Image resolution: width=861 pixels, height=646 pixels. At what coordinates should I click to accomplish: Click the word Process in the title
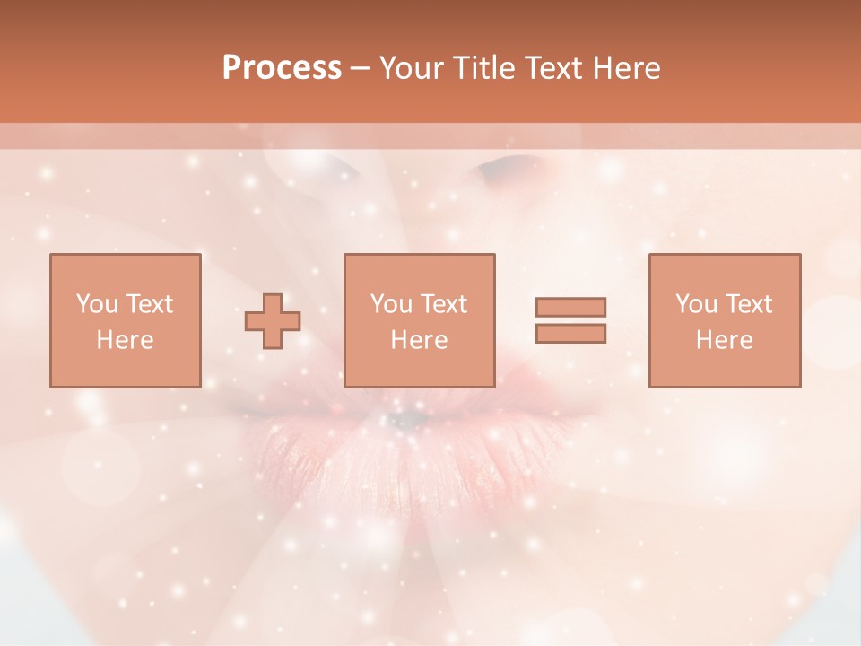point(282,68)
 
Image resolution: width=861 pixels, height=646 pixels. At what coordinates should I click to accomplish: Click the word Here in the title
point(628,68)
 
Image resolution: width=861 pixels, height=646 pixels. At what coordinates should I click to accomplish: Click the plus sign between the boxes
point(274,320)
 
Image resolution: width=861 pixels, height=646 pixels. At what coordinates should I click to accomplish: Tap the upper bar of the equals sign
point(570,307)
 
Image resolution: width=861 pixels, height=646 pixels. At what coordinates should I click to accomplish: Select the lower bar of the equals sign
point(570,333)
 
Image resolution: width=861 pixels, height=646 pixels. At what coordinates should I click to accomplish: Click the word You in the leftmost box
point(95,304)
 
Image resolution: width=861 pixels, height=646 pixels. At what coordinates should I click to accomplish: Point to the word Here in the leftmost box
point(125,340)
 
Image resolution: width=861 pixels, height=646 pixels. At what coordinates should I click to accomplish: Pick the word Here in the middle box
point(419,340)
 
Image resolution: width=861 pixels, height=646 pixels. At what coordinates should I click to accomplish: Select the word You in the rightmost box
point(695,304)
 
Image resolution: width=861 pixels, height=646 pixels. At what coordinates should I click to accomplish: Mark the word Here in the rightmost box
point(724,340)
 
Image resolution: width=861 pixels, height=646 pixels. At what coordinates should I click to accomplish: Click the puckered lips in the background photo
point(413,440)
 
